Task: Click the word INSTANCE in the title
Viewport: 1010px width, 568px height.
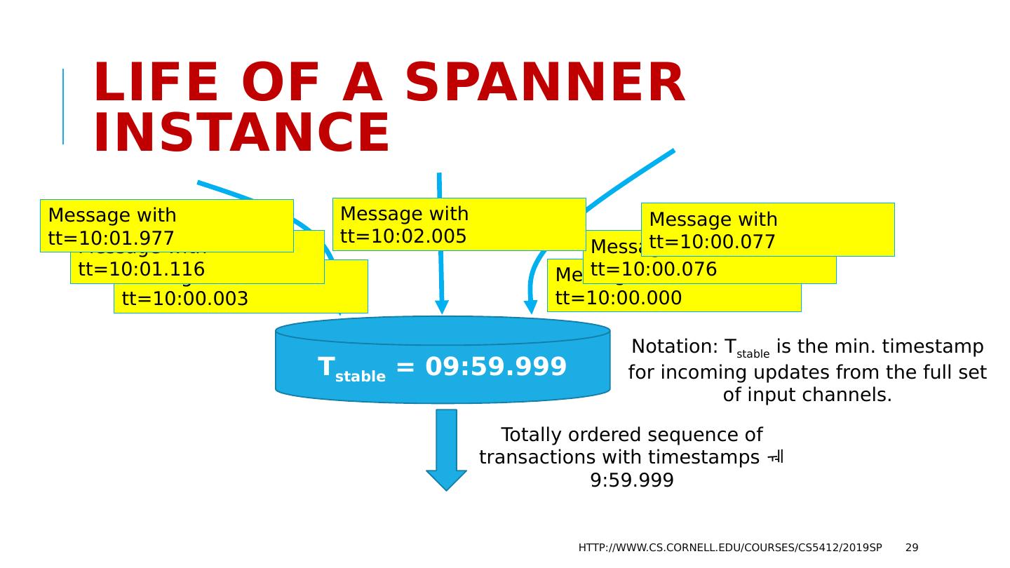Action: tap(241, 133)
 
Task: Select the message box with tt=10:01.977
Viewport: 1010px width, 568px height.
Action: tap(166, 226)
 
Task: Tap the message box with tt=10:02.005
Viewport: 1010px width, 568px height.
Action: tap(459, 224)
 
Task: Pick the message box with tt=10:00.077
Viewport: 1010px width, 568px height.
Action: tap(767, 229)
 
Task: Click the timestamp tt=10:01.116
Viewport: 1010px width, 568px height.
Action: tap(142, 269)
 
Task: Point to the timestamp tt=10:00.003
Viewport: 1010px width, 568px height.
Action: tap(185, 299)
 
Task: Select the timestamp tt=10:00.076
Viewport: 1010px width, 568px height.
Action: tap(654, 270)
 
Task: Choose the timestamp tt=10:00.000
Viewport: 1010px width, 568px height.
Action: tap(618, 298)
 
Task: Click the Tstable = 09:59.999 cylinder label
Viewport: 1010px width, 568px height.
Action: tap(442, 367)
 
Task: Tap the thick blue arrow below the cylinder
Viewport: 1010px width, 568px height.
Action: tap(446, 449)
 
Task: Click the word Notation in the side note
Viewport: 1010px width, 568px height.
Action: tap(674, 346)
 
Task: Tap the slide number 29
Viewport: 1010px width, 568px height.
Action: tap(912, 548)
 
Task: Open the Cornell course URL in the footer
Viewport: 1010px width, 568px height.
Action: tap(729, 548)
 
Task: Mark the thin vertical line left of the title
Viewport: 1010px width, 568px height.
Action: tap(63, 107)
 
